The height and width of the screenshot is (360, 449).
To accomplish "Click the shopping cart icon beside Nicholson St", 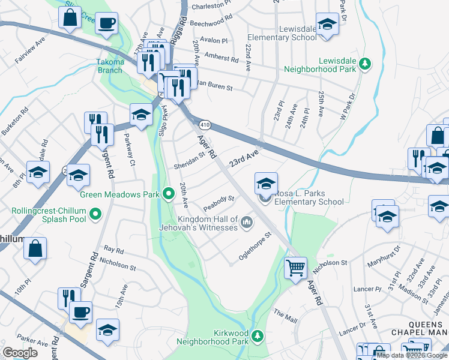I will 295,268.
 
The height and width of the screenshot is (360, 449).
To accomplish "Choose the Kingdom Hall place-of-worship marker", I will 246,224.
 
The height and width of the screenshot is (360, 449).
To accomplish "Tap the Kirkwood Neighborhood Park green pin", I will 258,334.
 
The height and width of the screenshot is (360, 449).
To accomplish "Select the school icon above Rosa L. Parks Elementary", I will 266,183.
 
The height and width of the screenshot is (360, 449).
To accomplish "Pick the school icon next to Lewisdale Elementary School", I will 327,25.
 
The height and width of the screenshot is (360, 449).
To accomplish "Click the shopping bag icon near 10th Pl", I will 35,248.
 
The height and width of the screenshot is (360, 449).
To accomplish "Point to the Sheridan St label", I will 190,166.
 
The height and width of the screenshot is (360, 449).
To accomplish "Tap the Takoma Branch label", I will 110,65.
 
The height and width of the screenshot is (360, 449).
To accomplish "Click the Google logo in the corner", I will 20,353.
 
